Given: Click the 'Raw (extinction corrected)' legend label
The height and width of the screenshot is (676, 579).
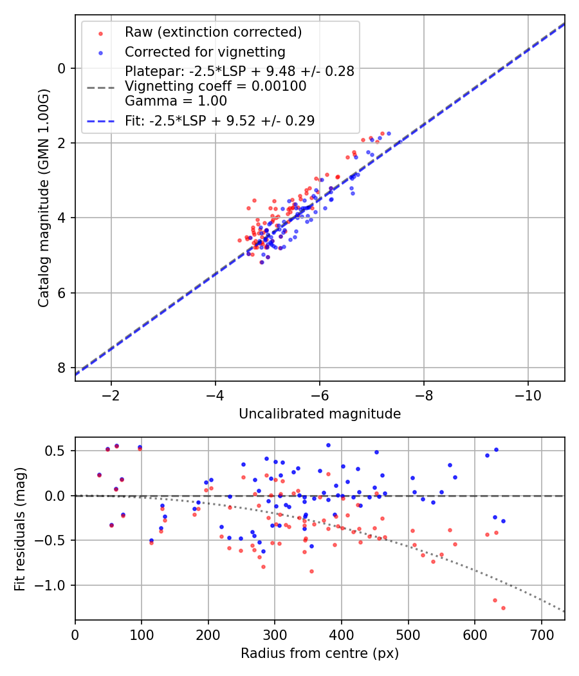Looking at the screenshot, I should point(213,32).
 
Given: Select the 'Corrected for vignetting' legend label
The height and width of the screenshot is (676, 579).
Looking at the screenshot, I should point(205,52).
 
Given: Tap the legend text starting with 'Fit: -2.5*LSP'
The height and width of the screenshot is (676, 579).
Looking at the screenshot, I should point(219,120).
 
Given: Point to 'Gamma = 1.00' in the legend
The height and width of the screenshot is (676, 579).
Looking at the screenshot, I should point(176,101).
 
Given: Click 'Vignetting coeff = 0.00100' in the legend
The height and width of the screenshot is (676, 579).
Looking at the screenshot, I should point(216,86).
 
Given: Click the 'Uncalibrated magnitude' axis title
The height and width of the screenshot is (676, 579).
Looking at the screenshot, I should point(320,414).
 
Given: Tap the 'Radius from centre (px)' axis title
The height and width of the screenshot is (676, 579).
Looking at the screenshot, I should point(320,653).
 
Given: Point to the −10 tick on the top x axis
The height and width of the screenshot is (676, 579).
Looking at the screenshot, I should point(528,394).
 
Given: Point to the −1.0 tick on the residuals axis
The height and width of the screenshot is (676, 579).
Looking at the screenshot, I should point(54,585).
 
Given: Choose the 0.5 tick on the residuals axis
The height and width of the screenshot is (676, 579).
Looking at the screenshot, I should point(57,451).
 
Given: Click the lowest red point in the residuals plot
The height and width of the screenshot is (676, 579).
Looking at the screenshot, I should point(503,608).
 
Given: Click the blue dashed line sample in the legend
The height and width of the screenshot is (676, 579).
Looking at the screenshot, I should point(100,120).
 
